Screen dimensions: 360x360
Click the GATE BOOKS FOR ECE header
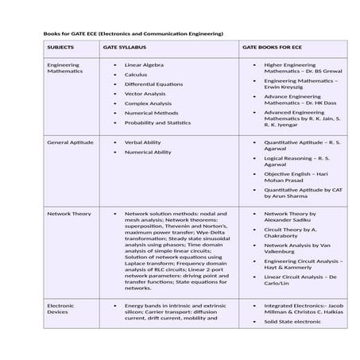click(273, 47)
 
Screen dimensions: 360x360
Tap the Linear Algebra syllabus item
click(144, 64)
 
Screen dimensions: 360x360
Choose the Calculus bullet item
click(136, 75)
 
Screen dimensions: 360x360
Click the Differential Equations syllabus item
click(153, 84)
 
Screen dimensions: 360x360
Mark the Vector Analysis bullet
click(145, 94)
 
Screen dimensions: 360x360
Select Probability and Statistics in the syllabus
click(157, 122)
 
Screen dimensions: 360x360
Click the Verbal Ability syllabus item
click(142, 142)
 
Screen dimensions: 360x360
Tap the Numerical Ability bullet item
click(148, 152)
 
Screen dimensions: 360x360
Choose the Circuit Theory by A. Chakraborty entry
click(291, 232)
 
